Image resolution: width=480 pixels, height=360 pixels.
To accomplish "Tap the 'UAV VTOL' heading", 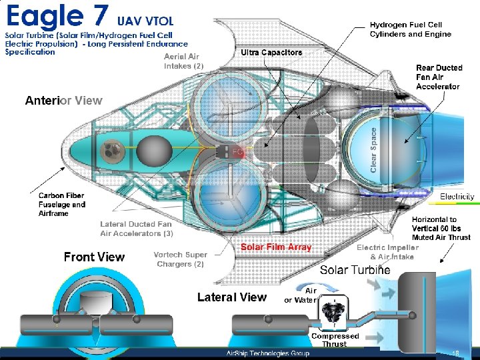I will tap(145, 21).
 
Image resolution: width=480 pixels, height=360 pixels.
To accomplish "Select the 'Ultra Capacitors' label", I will tap(271, 53).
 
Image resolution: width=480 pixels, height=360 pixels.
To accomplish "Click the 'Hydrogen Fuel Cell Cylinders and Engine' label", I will tap(411, 29).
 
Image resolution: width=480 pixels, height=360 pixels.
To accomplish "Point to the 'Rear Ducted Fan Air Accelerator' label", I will tap(438, 77).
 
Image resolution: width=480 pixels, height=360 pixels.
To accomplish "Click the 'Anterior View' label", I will tap(63, 101).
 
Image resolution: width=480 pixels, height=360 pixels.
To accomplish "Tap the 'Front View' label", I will tap(94, 257).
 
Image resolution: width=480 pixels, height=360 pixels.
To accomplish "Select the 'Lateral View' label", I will tap(231, 297).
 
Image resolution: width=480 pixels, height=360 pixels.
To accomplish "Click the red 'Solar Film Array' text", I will tap(276, 247).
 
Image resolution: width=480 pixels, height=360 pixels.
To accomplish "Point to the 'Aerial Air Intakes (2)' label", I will tap(183, 61).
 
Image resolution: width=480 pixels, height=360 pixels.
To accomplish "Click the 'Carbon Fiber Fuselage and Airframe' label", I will tap(57, 204).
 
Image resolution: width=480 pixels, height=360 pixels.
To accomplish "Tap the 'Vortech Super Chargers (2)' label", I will tap(180, 259).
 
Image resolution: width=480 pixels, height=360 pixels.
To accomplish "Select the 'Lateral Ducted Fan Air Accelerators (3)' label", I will tap(137, 229).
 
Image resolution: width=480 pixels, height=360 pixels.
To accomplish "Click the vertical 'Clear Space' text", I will tap(373, 150).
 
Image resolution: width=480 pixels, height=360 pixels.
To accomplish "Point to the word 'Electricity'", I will tap(457, 197).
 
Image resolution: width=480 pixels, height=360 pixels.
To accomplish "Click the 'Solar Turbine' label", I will tap(355, 270).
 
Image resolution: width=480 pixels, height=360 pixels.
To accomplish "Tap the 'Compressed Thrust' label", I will tap(335, 340).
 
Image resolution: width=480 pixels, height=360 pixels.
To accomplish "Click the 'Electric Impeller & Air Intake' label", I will tap(387, 252).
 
